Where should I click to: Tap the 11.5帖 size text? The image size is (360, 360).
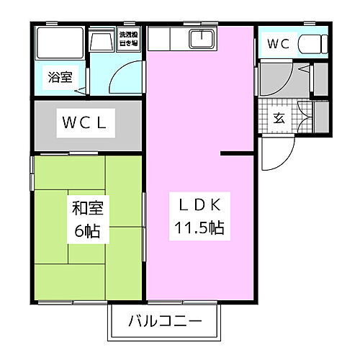199,229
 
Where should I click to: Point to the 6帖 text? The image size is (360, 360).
88,232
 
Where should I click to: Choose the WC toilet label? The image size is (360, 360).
278,45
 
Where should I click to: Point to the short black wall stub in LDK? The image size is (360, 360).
238,153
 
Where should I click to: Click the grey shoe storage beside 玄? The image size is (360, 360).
322,117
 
